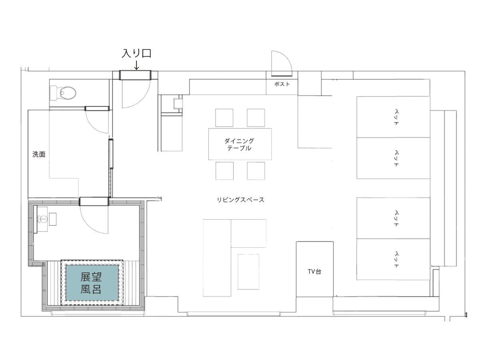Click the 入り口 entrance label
[136, 53]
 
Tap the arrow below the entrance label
[136, 65]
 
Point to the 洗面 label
[39, 154]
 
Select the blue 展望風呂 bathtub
[92, 283]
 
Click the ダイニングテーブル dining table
[240, 144]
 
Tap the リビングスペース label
[240, 200]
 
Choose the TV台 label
[314, 272]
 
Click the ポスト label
[282, 84]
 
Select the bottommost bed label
[396, 260]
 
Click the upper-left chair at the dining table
[224, 118]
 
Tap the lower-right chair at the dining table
[256, 171]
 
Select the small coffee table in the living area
[248, 272]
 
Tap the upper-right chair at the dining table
[256, 118]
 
